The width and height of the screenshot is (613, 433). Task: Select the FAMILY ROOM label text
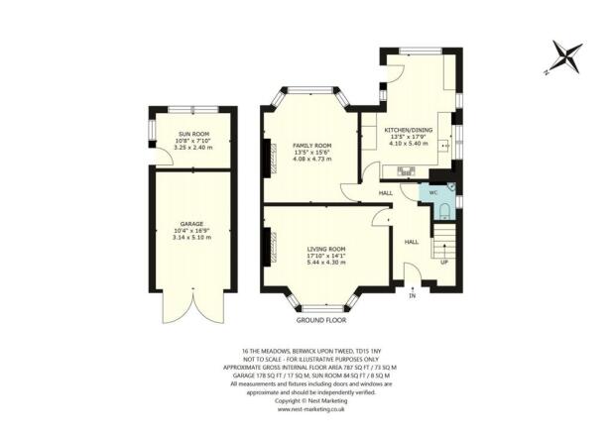point(310,146)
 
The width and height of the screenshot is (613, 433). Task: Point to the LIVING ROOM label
point(324,248)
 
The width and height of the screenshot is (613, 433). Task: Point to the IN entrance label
point(412,294)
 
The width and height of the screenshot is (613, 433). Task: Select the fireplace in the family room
point(266,156)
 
